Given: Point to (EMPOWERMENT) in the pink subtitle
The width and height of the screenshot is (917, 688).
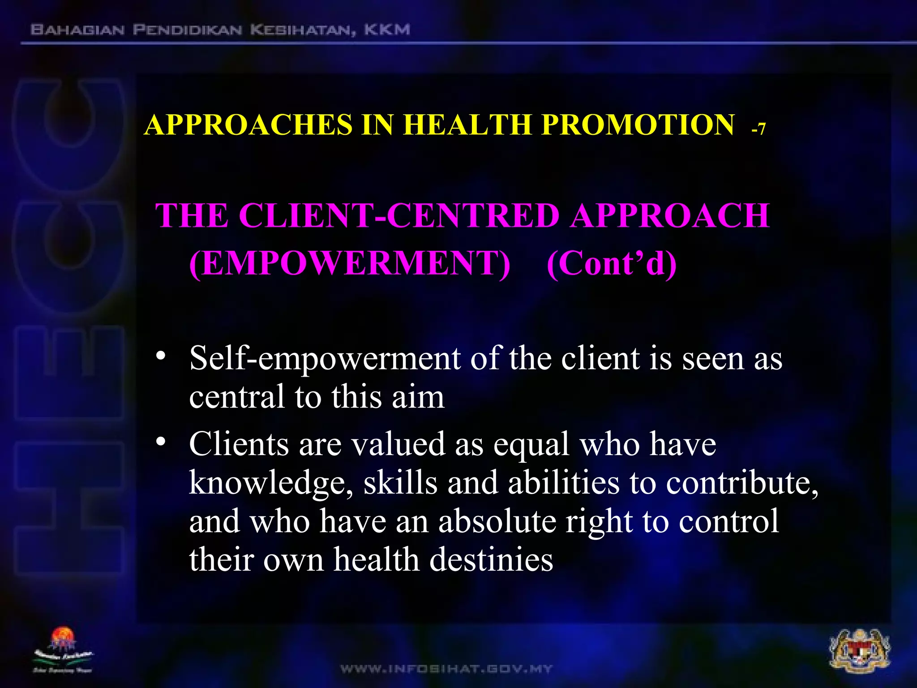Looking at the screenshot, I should [349, 263].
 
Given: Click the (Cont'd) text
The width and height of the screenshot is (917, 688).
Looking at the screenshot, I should [611, 263].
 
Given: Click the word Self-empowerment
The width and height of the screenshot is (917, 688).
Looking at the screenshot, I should [325, 359].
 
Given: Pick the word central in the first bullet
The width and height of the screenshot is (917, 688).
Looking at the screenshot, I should [237, 397].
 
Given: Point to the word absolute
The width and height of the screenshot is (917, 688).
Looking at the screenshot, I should [497, 522].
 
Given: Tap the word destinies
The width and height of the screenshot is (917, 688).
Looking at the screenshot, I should [491, 560].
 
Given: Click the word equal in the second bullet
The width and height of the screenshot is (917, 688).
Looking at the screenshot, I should [531, 445].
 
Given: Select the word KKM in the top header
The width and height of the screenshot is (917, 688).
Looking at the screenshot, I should [387, 30].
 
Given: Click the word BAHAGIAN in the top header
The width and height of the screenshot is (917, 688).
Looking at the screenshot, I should [77, 30].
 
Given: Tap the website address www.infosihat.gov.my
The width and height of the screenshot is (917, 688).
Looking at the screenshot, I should [446, 669].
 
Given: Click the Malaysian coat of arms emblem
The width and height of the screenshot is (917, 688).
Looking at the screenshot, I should [860, 651].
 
